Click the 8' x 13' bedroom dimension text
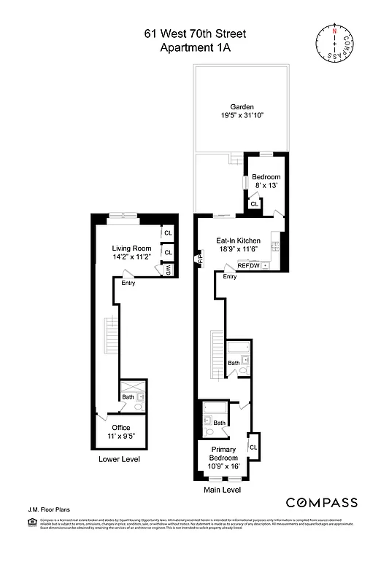pos(266,187)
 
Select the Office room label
pos(120,428)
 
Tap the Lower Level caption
pos(119,460)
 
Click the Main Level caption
pos(223,490)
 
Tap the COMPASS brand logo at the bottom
pos(321,502)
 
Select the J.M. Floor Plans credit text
pos(44,511)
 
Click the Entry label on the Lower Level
pos(128,283)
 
